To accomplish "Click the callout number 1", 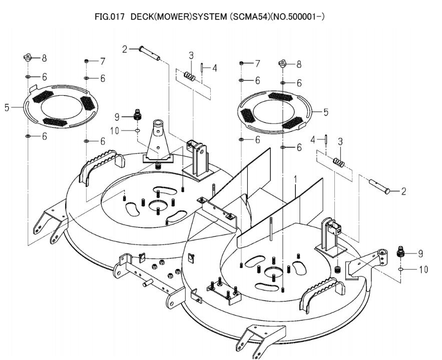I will (296, 179).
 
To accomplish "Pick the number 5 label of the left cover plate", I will (7, 107).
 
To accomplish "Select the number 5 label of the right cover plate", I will (325, 112).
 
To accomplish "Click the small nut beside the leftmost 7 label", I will (87, 61).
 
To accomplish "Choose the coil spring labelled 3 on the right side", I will (339, 162).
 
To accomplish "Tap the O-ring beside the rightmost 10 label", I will (401, 269).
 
